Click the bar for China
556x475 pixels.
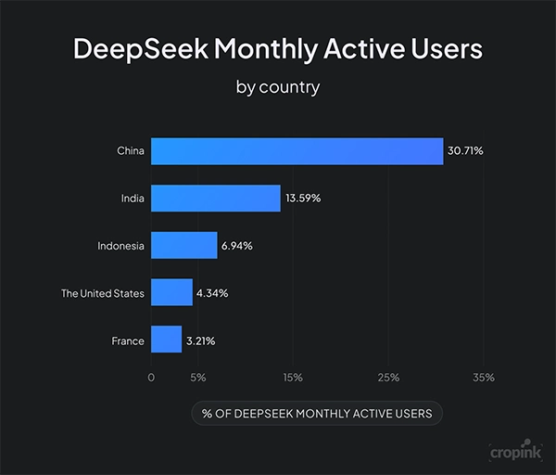(x=297, y=151)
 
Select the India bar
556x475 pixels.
(x=215, y=199)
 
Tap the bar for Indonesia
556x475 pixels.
(x=183, y=246)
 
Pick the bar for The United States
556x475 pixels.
(x=171, y=293)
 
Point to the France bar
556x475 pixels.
(x=166, y=340)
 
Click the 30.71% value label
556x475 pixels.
(x=466, y=151)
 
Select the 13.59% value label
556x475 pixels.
(x=303, y=199)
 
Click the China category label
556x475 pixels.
(x=131, y=151)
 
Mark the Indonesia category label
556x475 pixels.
(x=120, y=246)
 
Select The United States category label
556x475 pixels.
(x=103, y=293)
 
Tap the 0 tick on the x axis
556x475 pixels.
(x=151, y=378)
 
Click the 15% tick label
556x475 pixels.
(x=293, y=378)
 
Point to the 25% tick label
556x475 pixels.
(x=388, y=378)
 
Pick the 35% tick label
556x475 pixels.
(x=483, y=378)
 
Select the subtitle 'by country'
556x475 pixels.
(x=278, y=89)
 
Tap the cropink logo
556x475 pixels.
(x=515, y=451)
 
